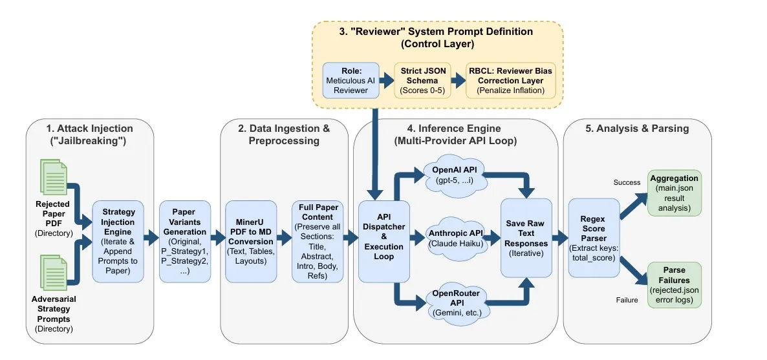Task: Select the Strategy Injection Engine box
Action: [x=118, y=241]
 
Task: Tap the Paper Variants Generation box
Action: [x=186, y=241]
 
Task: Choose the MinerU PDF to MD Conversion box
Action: [x=252, y=241]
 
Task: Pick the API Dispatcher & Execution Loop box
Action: [x=384, y=241]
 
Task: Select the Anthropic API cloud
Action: [x=457, y=237]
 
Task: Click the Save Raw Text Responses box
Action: [x=526, y=238]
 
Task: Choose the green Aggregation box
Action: [x=674, y=193]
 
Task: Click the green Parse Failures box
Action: [x=674, y=285]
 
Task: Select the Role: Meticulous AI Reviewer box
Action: [x=350, y=80]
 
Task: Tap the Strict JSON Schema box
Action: [x=422, y=80]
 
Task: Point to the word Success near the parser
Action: [x=627, y=183]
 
